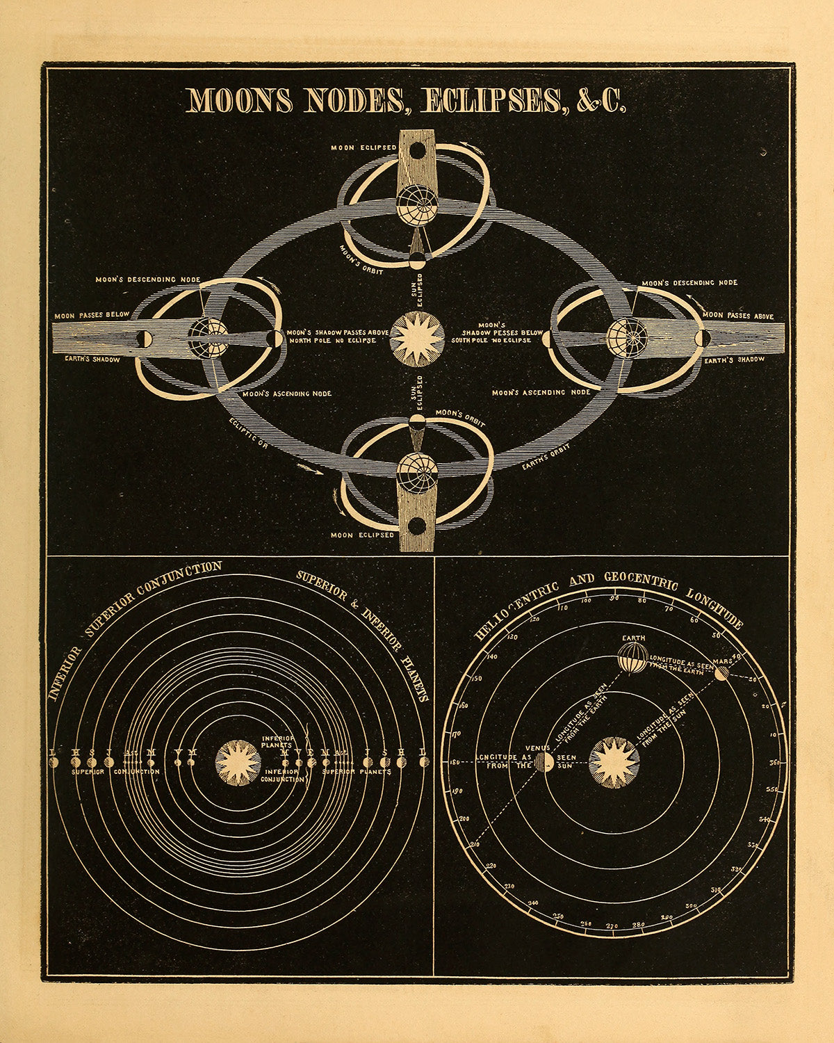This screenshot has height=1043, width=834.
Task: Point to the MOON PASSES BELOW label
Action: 92,315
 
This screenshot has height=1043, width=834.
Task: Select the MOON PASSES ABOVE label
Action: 738,316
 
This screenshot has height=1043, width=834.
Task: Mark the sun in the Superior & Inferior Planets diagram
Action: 239,762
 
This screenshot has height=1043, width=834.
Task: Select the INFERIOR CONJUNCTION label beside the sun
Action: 281,775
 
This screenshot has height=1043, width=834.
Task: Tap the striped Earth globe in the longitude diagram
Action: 633,657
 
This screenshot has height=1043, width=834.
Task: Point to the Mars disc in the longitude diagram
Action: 721,672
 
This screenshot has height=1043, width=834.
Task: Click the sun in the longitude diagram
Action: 614,762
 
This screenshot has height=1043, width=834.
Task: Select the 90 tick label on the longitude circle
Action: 614,598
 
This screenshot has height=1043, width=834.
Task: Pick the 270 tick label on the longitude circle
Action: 612,926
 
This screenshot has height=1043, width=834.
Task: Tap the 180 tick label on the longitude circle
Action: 454,763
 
